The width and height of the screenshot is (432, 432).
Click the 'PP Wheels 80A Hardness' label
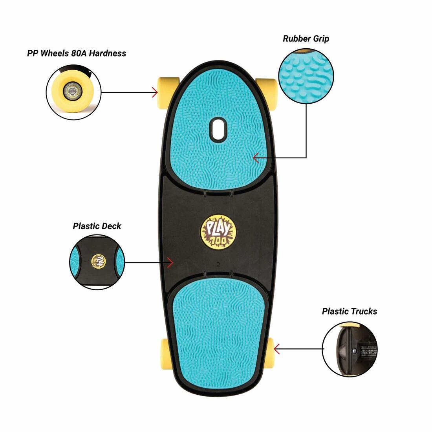pos(77,53)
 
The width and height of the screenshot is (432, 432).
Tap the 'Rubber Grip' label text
pos(306,38)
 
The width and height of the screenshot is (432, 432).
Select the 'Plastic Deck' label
pos(97,226)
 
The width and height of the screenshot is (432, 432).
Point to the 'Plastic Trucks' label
pos(349,311)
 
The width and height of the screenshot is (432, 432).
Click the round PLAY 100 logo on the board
pos(215,233)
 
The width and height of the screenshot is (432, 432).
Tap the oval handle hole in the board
pos(218,128)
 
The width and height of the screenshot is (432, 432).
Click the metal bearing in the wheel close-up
pos(71,91)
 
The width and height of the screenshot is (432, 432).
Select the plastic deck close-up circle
pos(97,262)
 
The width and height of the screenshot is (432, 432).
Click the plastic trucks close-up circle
pos(350,349)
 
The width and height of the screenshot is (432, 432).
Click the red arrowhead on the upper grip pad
pos(256,158)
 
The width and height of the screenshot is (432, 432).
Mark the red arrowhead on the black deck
pos(170,262)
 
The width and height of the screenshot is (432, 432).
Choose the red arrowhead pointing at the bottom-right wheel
pos(276,348)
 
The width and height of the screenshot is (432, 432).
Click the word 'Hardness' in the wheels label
pos(107,53)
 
